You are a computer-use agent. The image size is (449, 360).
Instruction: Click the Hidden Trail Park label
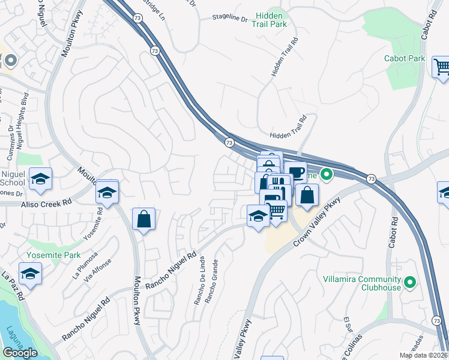tap(271, 19)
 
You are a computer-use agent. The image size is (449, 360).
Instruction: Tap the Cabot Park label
tap(405, 58)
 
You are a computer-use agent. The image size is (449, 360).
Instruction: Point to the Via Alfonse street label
tap(98, 269)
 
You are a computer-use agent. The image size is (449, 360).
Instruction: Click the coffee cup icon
tap(295, 173)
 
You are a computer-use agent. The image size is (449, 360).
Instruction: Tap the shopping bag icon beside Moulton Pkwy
tap(143, 219)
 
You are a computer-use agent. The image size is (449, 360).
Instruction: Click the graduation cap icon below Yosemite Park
tap(30, 274)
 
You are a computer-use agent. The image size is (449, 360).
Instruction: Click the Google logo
tap(20, 353)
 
